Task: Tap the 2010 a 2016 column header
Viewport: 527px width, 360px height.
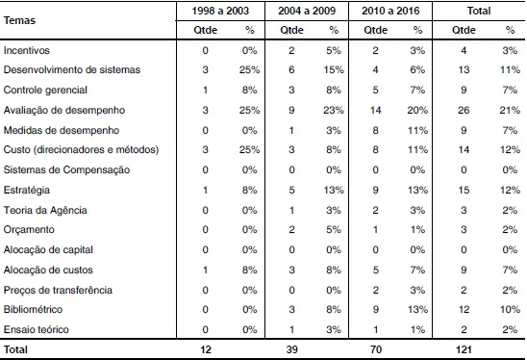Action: pos(392,11)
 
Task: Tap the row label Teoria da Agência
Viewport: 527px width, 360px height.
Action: pos(45,209)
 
